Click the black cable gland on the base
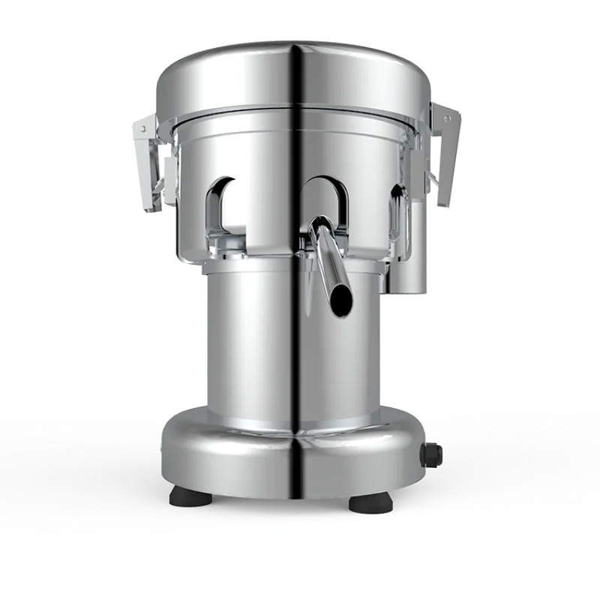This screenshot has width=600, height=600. pos(433,453)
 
